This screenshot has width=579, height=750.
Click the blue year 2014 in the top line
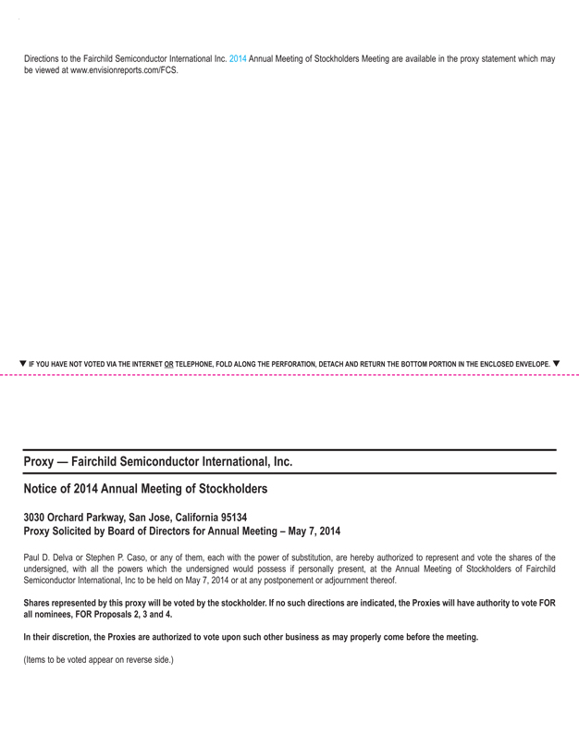point(238,59)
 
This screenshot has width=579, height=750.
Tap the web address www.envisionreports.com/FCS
point(124,70)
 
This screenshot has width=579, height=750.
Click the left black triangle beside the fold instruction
point(23,363)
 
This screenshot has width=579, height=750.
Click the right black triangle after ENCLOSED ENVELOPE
point(556,363)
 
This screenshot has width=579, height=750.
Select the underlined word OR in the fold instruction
point(167,364)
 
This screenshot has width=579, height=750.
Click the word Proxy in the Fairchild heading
point(40,461)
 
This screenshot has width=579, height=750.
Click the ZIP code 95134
point(229,517)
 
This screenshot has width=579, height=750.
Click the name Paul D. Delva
point(50,557)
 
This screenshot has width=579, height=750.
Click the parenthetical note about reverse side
point(98,660)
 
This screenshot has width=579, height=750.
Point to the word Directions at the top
point(43,59)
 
